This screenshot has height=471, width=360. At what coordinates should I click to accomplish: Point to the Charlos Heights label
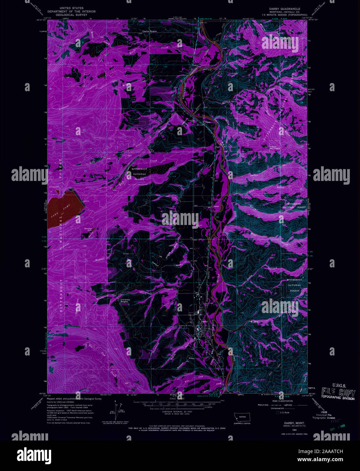coord(149,32)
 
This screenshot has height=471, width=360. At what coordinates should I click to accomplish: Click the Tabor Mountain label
coord(275,147)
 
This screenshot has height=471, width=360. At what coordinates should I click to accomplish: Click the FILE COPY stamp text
coord(338,393)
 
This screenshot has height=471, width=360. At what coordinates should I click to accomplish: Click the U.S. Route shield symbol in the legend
coord(278,412)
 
